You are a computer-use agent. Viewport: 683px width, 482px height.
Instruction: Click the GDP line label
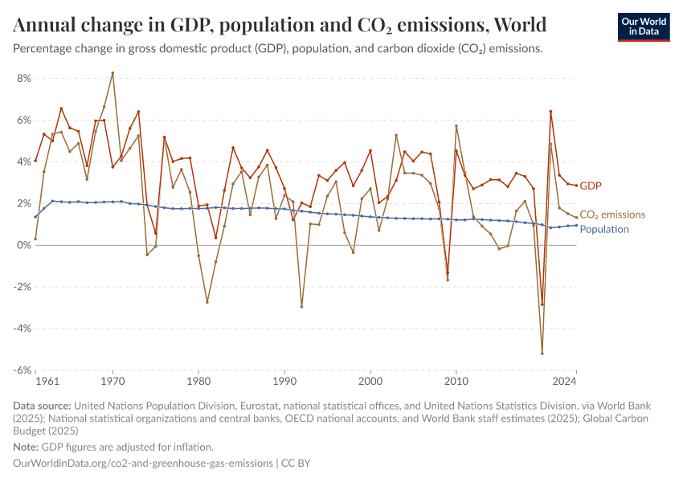[590, 186]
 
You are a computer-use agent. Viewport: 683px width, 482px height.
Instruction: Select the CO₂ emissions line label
[612, 214]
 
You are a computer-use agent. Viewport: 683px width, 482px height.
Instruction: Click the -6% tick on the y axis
[21, 370]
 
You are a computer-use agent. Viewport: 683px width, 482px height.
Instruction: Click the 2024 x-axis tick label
[565, 380]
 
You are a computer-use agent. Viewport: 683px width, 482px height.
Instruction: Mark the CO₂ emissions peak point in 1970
[112, 73]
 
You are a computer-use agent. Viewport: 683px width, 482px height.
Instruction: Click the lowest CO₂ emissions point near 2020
[542, 353]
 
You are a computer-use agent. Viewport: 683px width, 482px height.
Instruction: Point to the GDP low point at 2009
[448, 273]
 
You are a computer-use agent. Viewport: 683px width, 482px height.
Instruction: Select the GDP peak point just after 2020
[550, 112]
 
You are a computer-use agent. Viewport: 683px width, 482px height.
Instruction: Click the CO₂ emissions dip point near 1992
[301, 306]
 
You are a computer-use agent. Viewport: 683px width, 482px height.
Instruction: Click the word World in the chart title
[519, 24]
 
